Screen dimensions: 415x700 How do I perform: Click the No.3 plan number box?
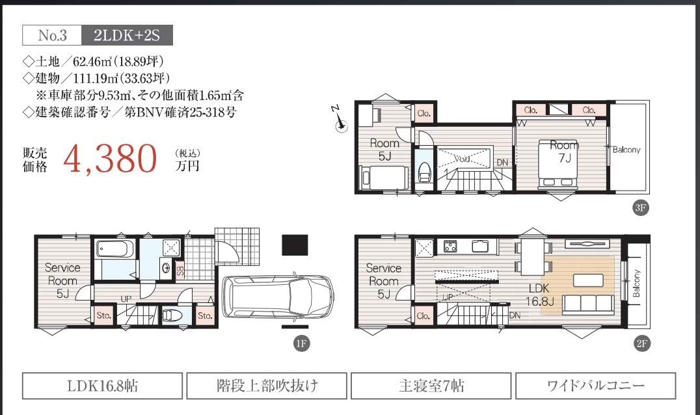pyautogui.click(x=52, y=35)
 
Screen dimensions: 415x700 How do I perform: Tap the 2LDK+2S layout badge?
pyautogui.click(x=127, y=35)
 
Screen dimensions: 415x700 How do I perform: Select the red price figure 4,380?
pyautogui.click(x=111, y=158)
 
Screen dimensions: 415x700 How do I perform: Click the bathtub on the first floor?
pyautogui.click(x=114, y=248)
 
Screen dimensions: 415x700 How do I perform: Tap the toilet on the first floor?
pyautogui.click(x=172, y=315)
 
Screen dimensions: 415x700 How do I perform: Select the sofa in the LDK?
pyautogui.click(x=587, y=304)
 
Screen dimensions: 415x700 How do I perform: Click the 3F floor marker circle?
pyautogui.click(x=639, y=208)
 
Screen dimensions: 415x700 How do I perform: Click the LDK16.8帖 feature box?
pyautogui.click(x=103, y=385)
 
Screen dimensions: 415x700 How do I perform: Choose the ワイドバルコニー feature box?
pyautogui.click(x=595, y=385)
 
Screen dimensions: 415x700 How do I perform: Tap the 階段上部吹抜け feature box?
pyautogui.click(x=267, y=385)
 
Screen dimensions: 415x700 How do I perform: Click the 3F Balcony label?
pyautogui.click(x=627, y=150)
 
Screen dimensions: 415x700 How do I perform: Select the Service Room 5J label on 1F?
pyautogui.click(x=62, y=280)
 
